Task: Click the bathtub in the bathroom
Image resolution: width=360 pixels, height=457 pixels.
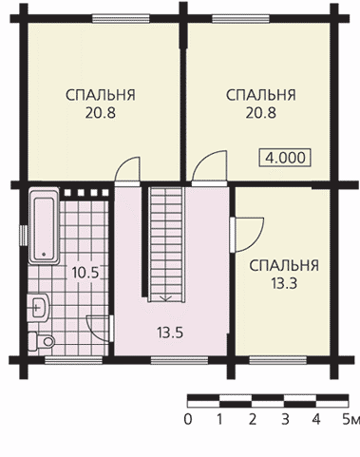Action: (44, 226)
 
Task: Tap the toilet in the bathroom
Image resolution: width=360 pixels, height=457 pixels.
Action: (42, 341)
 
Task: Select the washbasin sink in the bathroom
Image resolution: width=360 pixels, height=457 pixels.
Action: (38, 307)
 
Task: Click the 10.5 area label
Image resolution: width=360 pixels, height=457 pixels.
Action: (85, 273)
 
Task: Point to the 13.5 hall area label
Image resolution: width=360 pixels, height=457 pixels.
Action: (170, 333)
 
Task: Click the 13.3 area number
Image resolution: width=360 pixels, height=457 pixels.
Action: (284, 283)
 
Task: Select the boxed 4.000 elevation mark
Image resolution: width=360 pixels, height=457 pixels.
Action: (285, 158)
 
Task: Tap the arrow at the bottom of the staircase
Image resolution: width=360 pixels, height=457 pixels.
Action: (165, 298)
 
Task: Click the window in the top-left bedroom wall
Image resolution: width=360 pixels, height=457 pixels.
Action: (121, 18)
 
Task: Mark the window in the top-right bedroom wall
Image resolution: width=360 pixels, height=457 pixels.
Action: (240, 18)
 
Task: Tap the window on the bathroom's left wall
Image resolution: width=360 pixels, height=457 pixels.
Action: (24, 236)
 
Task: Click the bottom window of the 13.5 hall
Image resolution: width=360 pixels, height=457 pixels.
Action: (180, 360)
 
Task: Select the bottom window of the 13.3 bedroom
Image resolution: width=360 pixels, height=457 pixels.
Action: (278, 360)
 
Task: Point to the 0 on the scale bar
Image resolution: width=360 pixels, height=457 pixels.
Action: (188, 420)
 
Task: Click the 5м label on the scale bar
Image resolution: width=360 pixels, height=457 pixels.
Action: (351, 420)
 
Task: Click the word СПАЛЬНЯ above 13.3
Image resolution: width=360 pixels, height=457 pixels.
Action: (284, 266)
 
